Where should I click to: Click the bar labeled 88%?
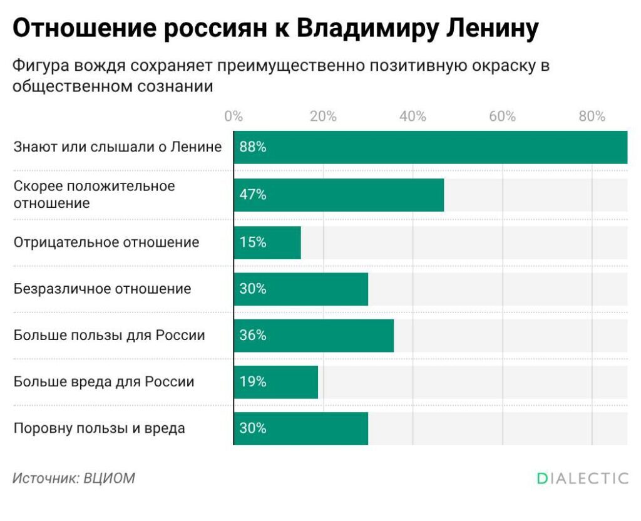pos(431,147)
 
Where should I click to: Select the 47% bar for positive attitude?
pos(339,195)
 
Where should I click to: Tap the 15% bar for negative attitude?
pos(267,242)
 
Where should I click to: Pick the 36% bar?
pos(314,336)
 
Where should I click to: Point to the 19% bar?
pos(276,382)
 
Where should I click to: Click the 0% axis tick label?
pos(233,116)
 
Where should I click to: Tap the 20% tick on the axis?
pos(323,116)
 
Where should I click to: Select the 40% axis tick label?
pos(413,116)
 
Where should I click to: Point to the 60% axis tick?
pos(503,116)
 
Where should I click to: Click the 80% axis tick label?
pos(592,116)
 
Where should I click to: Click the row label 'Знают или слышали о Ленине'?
pos(118,147)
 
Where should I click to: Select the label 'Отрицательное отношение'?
pos(106,242)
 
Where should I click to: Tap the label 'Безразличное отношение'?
pos(102,289)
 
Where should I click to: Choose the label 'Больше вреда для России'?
pos(104,382)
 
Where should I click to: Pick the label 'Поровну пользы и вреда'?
pos(100,428)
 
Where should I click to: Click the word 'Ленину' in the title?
pos(492,29)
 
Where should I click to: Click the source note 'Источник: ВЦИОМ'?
pos(74,478)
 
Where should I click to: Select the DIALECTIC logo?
pos(583,478)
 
